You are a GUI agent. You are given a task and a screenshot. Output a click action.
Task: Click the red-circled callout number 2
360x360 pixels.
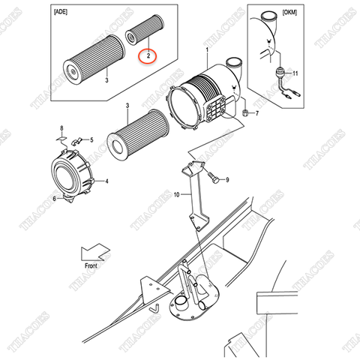tap(148, 55)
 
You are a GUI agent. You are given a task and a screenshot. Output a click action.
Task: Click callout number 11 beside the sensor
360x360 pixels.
tap(295, 73)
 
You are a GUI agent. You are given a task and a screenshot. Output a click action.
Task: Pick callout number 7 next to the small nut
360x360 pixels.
tap(256, 113)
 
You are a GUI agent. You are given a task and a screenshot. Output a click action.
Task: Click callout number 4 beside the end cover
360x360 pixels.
tap(107, 181)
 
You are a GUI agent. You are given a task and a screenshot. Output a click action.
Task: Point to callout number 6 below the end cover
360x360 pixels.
tap(54, 199)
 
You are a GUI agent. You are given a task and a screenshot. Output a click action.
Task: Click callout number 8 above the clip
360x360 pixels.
tap(62, 129)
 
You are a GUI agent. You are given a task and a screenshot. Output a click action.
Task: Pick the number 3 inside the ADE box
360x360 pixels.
tap(106, 79)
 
